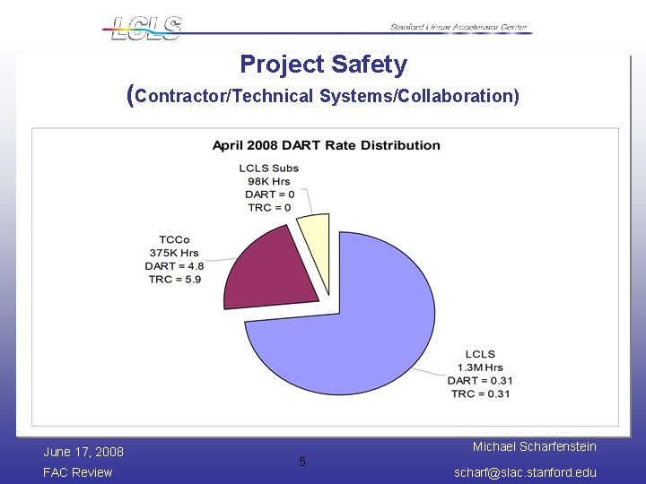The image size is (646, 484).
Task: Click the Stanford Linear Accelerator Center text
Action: (x=459, y=28)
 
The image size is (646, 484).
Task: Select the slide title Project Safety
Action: (x=323, y=65)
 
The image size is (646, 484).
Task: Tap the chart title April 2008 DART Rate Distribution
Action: (x=326, y=145)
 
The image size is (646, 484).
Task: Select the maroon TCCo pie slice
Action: (x=269, y=269)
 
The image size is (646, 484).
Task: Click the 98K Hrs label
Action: (x=268, y=181)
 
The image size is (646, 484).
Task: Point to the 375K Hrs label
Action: (x=175, y=253)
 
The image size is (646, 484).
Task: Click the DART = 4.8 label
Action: (x=175, y=266)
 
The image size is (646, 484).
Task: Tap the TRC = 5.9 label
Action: (x=175, y=279)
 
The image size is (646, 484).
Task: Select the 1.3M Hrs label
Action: (x=480, y=367)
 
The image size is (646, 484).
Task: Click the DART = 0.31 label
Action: (x=480, y=381)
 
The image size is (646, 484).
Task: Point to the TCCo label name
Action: (x=175, y=240)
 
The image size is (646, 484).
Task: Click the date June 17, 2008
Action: (x=83, y=452)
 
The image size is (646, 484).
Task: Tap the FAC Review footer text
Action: (x=78, y=472)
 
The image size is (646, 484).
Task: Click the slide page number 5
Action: (x=302, y=462)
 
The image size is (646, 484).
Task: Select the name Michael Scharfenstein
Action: (x=534, y=446)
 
